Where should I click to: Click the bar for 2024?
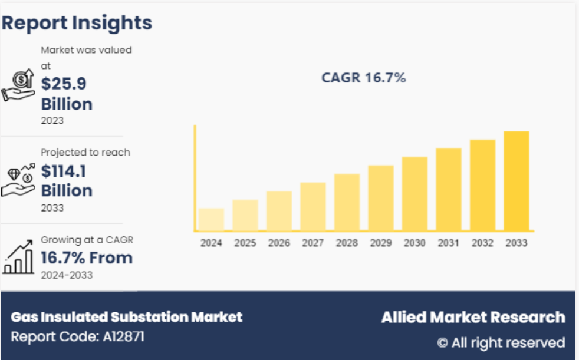pos(211,219)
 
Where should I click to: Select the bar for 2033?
pos(516,180)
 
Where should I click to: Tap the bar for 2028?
pos(347,202)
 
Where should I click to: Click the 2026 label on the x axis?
pos(279,243)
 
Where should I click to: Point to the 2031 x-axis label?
pos(448,243)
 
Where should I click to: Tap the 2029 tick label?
pos(380,243)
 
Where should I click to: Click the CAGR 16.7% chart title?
pos(363,78)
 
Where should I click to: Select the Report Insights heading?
pos(77,23)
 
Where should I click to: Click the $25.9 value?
pos(64,84)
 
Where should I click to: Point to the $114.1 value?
pos(64,171)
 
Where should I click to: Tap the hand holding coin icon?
pos(18,86)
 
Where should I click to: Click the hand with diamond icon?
pos(18,180)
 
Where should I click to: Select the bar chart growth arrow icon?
pos(18,257)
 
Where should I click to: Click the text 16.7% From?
pos(87,257)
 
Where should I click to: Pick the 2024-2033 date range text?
pos(67,275)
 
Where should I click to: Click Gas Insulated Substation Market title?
pos(126,317)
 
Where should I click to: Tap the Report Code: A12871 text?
pos(77,336)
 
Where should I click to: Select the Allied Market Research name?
pos(473,318)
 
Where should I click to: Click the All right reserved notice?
pos(501,342)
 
